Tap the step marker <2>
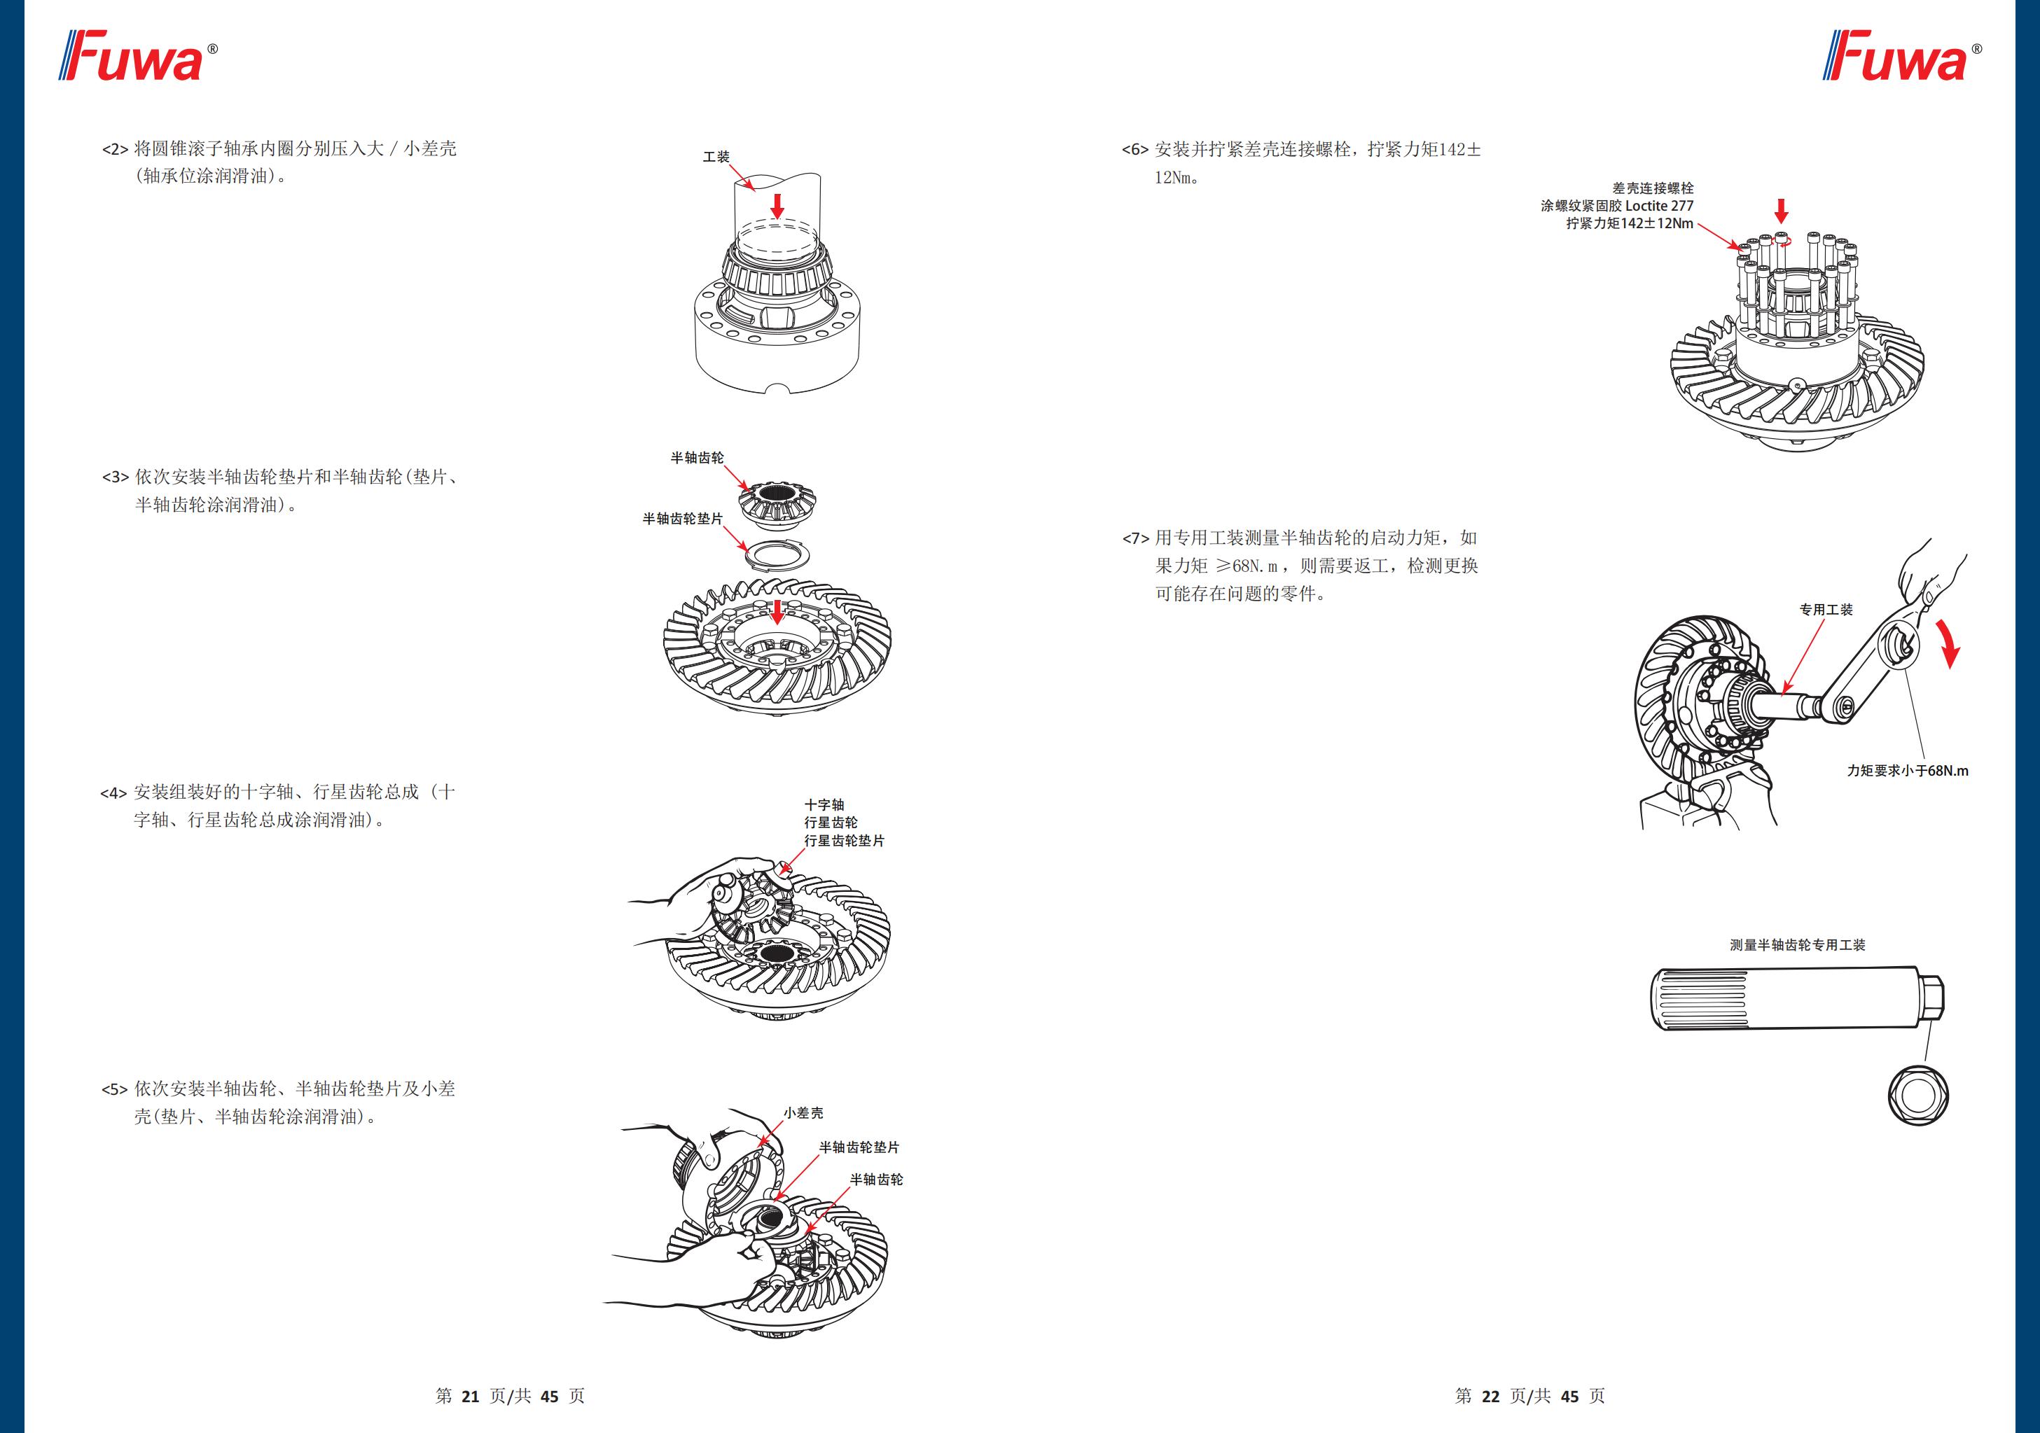[x=116, y=149]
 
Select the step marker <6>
[x=1135, y=150]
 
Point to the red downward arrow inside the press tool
[x=777, y=206]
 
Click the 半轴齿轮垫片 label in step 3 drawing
[x=682, y=519]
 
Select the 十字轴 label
[x=824, y=805]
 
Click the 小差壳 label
[x=803, y=1113]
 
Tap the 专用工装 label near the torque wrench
[x=1826, y=610]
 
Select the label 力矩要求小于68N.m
[x=1908, y=771]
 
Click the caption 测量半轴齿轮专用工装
[x=1796, y=945]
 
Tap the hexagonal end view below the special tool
[x=1918, y=1096]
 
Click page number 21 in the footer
[x=470, y=1397]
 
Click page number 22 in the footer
[x=1490, y=1397]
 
